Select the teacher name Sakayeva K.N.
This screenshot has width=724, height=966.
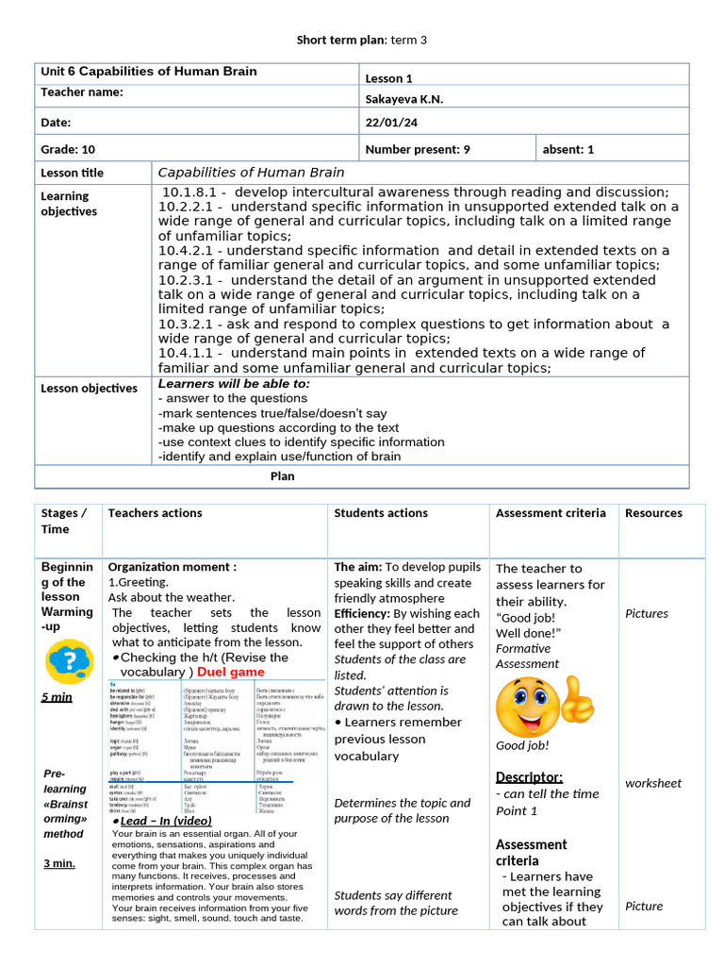pyautogui.click(x=403, y=100)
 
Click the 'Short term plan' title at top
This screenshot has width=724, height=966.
pyautogui.click(x=362, y=40)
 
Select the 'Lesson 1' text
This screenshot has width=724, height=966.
pyautogui.click(x=388, y=79)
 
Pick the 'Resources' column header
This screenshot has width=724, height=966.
pyautogui.click(x=653, y=513)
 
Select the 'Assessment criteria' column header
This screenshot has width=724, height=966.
pyautogui.click(x=551, y=513)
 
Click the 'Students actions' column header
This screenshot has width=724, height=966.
pyautogui.click(x=381, y=513)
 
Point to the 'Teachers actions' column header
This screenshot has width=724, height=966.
pyautogui.click(x=155, y=513)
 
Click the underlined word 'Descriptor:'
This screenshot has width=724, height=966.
pyautogui.click(x=529, y=777)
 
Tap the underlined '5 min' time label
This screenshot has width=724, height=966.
pyautogui.click(x=58, y=697)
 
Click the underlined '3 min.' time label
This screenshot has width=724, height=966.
pyautogui.click(x=59, y=863)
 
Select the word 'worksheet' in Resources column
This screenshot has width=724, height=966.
pyautogui.click(x=652, y=783)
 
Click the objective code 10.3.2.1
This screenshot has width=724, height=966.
pyautogui.click(x=189, y=324)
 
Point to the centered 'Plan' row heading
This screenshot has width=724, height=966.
pyautogui.click(x=282, y=476)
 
